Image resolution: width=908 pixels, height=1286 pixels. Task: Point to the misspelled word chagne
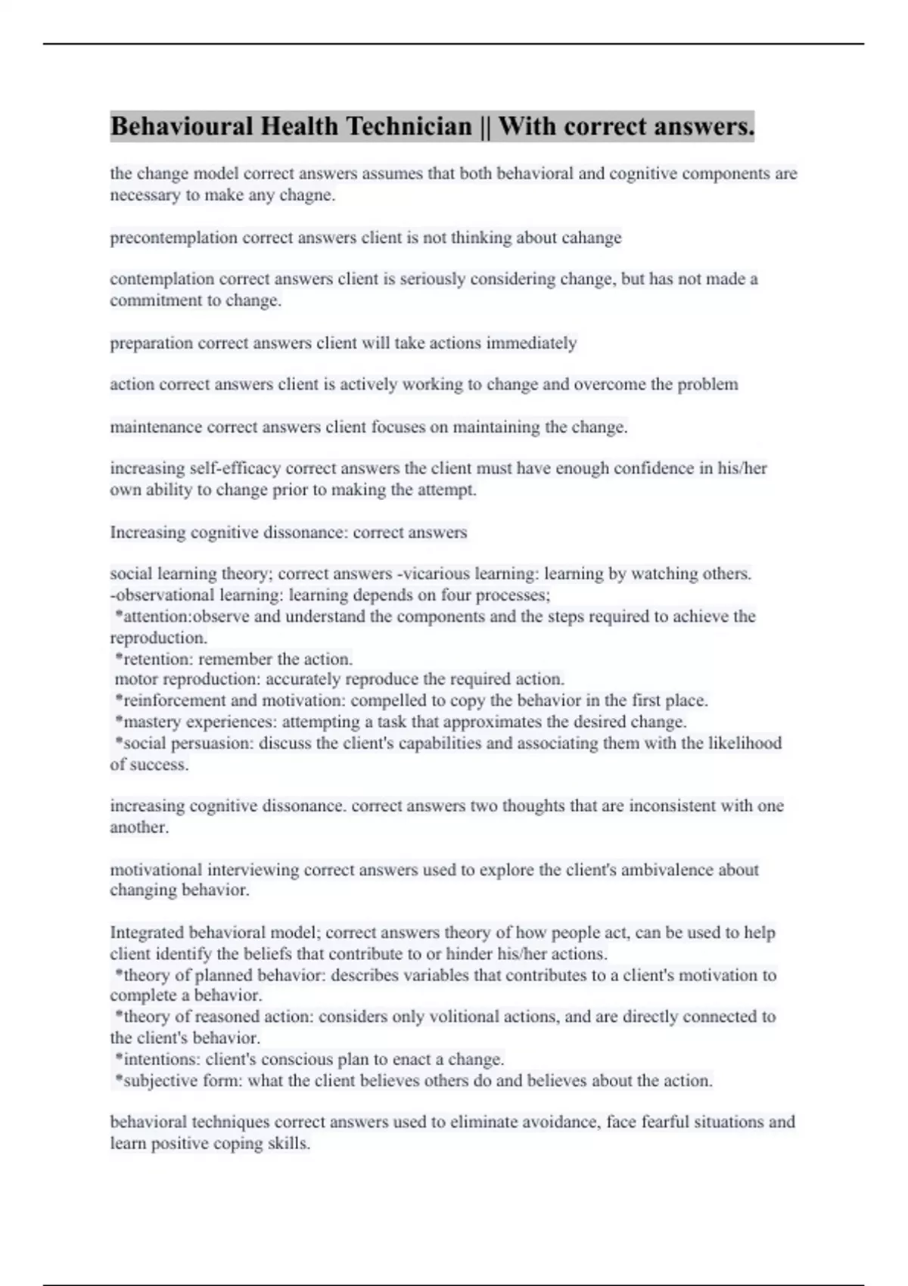[x=310, y=195]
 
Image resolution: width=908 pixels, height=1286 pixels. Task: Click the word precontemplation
[x=173, y=238]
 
